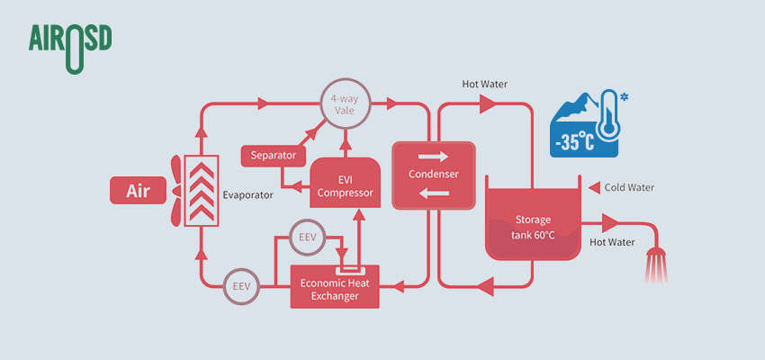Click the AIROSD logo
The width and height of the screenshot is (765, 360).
tap(69, 44)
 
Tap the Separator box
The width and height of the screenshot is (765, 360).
tap(274, 156)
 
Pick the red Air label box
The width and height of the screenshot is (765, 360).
tap(138, 191)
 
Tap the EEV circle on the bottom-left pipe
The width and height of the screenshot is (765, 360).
tap(242, 286)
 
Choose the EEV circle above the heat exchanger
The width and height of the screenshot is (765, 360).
tap(307, 238)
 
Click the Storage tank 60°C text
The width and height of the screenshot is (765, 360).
tap(534, 227)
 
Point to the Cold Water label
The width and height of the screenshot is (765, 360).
tap(629, 187)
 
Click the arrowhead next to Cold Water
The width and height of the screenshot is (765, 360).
tap(593, 187)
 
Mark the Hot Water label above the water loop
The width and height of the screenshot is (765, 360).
tap(485, 85)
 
